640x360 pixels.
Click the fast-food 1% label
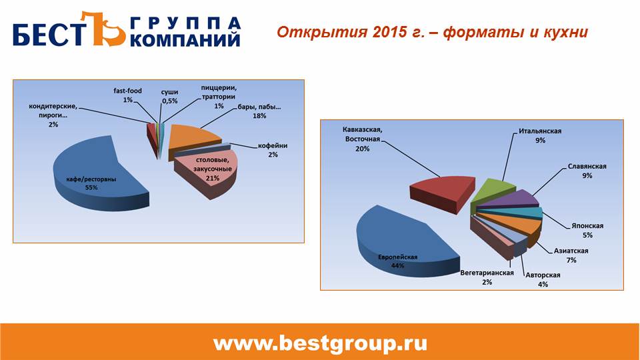[128, 95]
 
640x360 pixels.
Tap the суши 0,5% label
[170, 96]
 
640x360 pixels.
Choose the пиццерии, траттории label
[219, 97]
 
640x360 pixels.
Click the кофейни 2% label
[273, 150]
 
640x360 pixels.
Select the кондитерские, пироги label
[53, 115]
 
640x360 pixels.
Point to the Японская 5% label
[587, 230]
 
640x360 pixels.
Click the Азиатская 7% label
[571, 255]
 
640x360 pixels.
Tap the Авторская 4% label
[543, 279]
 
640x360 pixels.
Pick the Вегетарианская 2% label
[487, 277]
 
